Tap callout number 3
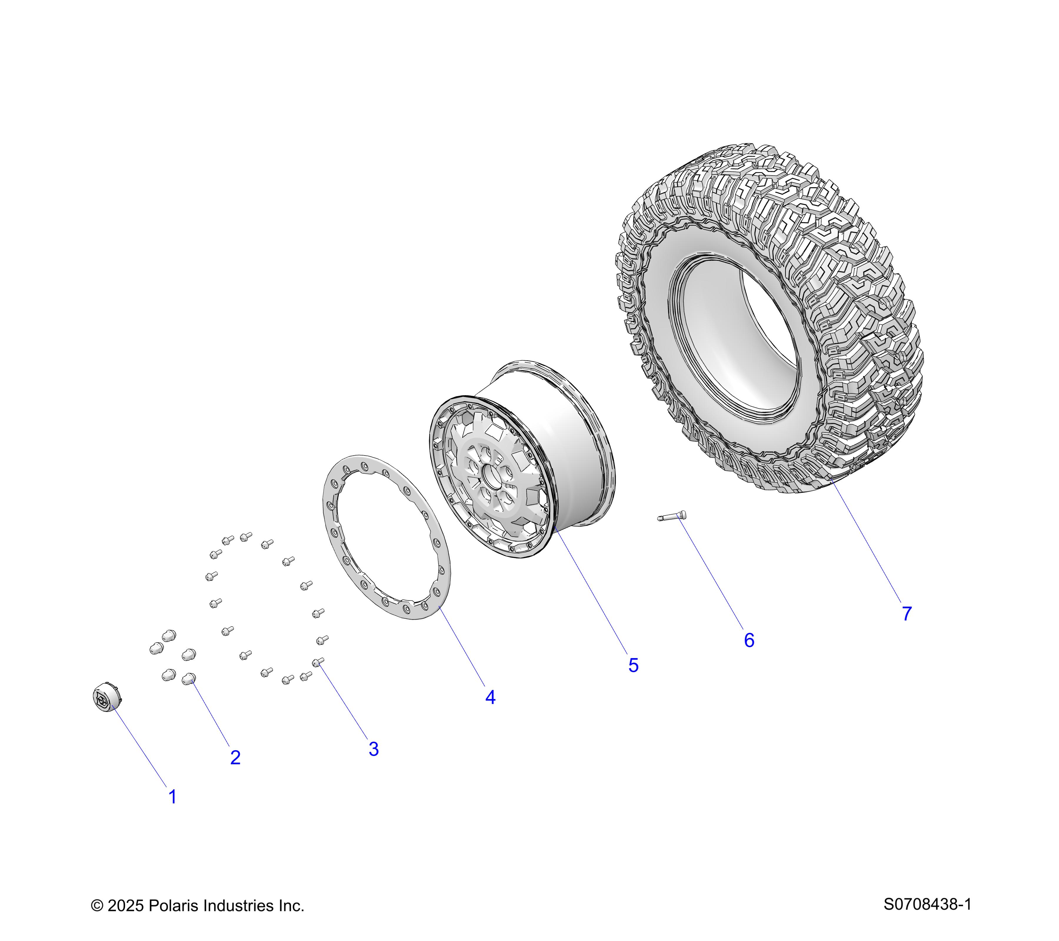pos(374,749)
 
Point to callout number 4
pos(490,697)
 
